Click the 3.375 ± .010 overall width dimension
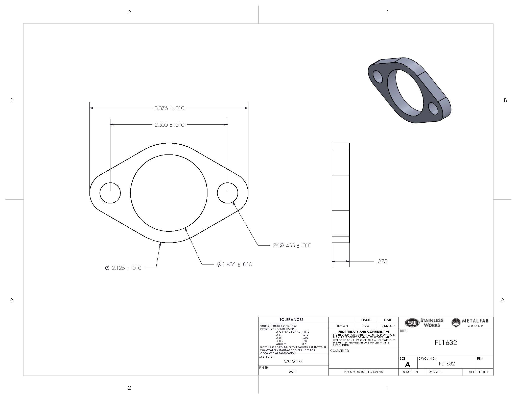coord(169,108)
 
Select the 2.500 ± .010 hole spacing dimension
coord(169,125)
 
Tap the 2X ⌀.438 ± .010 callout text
coord(292,246)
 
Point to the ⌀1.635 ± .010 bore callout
coord(234,264)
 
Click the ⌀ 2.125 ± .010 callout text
coord(123,268)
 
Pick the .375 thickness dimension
coord(382,262)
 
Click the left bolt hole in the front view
coord(110,193)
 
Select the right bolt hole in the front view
coord(227,193)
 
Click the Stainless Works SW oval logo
coord(412,323)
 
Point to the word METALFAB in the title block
coord(475,321)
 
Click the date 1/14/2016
coord(388,326)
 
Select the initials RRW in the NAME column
coord(366,326)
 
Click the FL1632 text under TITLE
coord(446,343)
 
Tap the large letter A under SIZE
coord(407,365)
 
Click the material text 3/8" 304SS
coord(293,362)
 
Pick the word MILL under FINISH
coord(293,372)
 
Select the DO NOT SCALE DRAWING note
coord(363,372)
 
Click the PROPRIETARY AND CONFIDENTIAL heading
coord(364,332)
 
